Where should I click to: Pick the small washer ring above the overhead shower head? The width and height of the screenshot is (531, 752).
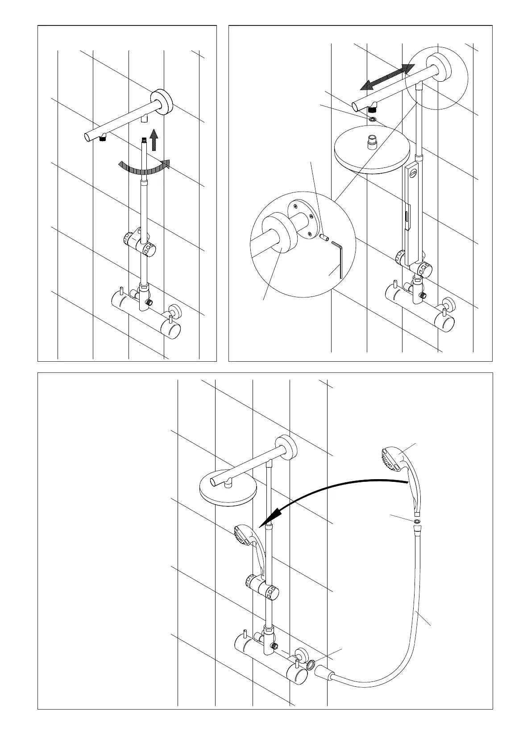tap(372, 120)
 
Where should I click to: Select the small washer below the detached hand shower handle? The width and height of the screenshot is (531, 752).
tap(417, 521)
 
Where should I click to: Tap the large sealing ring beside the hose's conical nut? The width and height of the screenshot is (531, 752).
tap(311, 665)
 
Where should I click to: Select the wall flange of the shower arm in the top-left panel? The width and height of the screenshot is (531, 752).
tap(162, 102)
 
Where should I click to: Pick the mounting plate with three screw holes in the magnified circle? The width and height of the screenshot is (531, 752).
tap(303, 217)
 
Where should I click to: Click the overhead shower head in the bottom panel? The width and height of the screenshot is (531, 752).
tap(228, 489)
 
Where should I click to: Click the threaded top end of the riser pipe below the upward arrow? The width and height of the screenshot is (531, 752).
tap(144, 141)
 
